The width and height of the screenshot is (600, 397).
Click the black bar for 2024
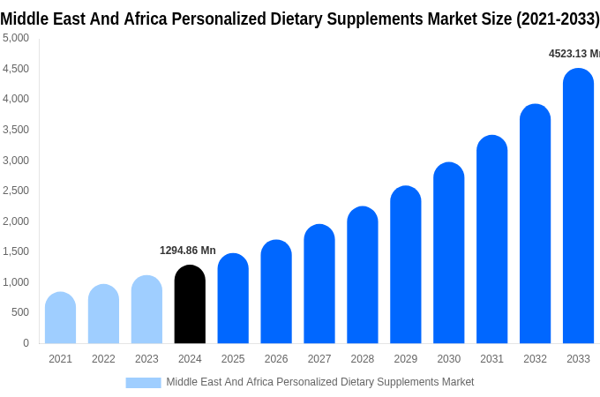(x=190, y=304)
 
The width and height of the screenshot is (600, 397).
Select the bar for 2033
(x=578, y=206)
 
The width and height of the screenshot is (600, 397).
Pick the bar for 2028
(x=363, y=275)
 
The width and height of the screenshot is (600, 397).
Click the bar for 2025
(x=233, y=299)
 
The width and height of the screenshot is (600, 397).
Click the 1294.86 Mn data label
(x=187, y=251)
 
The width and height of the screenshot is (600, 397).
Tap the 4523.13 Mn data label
(x=574, y=54)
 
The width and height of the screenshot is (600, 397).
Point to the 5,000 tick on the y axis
(x=16, y=38)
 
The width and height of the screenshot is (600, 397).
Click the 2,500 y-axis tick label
(x=16, y=191)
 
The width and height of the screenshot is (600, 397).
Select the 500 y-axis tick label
(x=20, y=312)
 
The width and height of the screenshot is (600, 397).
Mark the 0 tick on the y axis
(x=26, y=343)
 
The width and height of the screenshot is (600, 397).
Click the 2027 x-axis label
(x=319, y=359)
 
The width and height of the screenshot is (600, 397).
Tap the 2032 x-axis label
(x=535, y=359)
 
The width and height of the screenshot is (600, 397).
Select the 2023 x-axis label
(x=146, y=359)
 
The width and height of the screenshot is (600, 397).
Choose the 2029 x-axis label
(x=406, y=359)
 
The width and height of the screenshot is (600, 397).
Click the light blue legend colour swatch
(x=143, y=383)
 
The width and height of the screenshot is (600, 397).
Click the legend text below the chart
(x=319, y=382)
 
